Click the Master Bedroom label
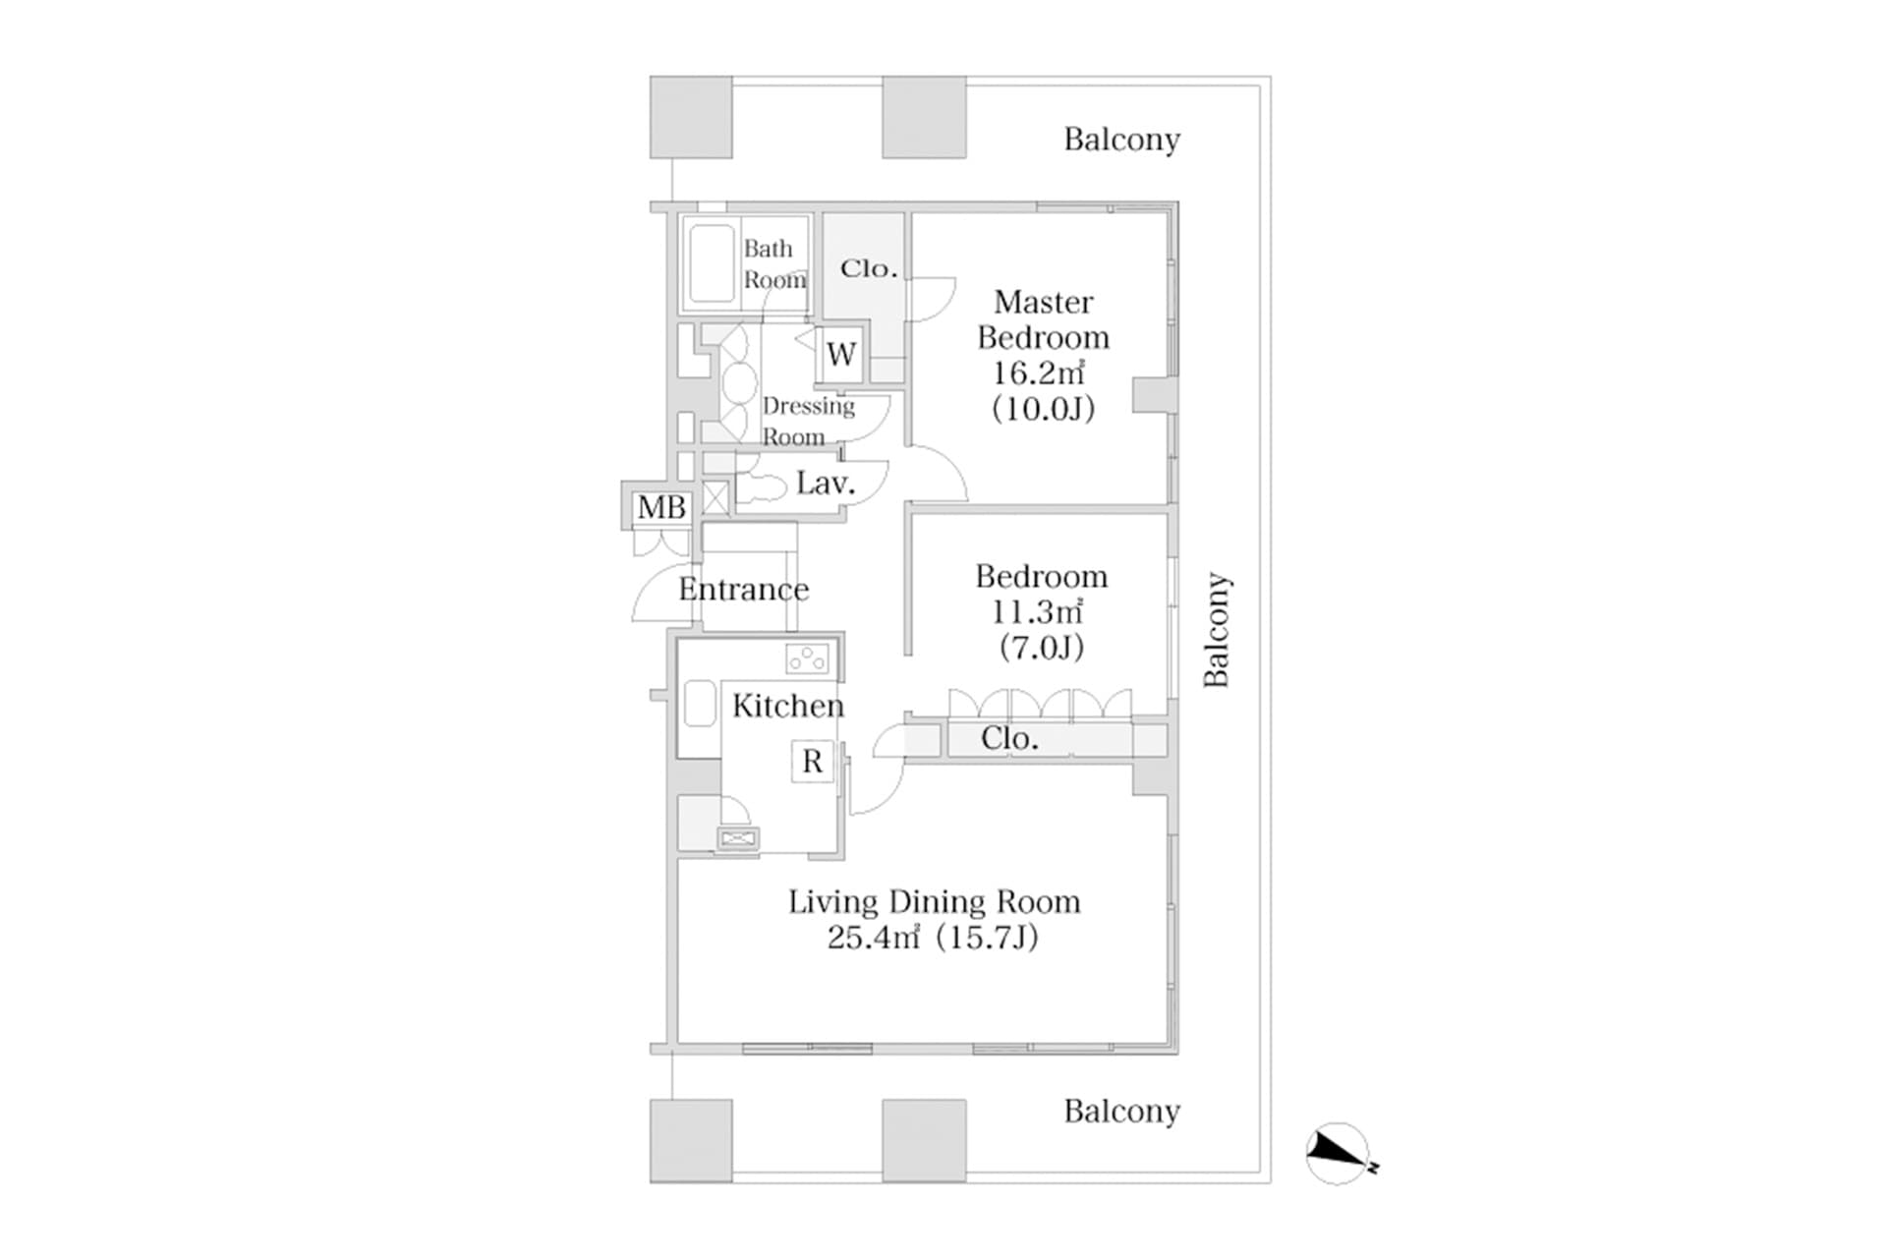1043,319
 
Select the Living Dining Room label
934,901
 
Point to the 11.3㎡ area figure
1037,611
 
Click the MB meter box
661,507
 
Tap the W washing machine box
841,354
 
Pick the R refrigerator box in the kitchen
812,761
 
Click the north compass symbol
1339,1152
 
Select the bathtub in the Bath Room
712,263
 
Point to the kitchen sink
699,703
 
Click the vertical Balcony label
1217,629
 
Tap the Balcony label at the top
1121,140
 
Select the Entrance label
743,590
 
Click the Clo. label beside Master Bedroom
869,268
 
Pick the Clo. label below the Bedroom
1009,738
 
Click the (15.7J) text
987,938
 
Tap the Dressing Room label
808,421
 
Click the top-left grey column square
691,117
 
